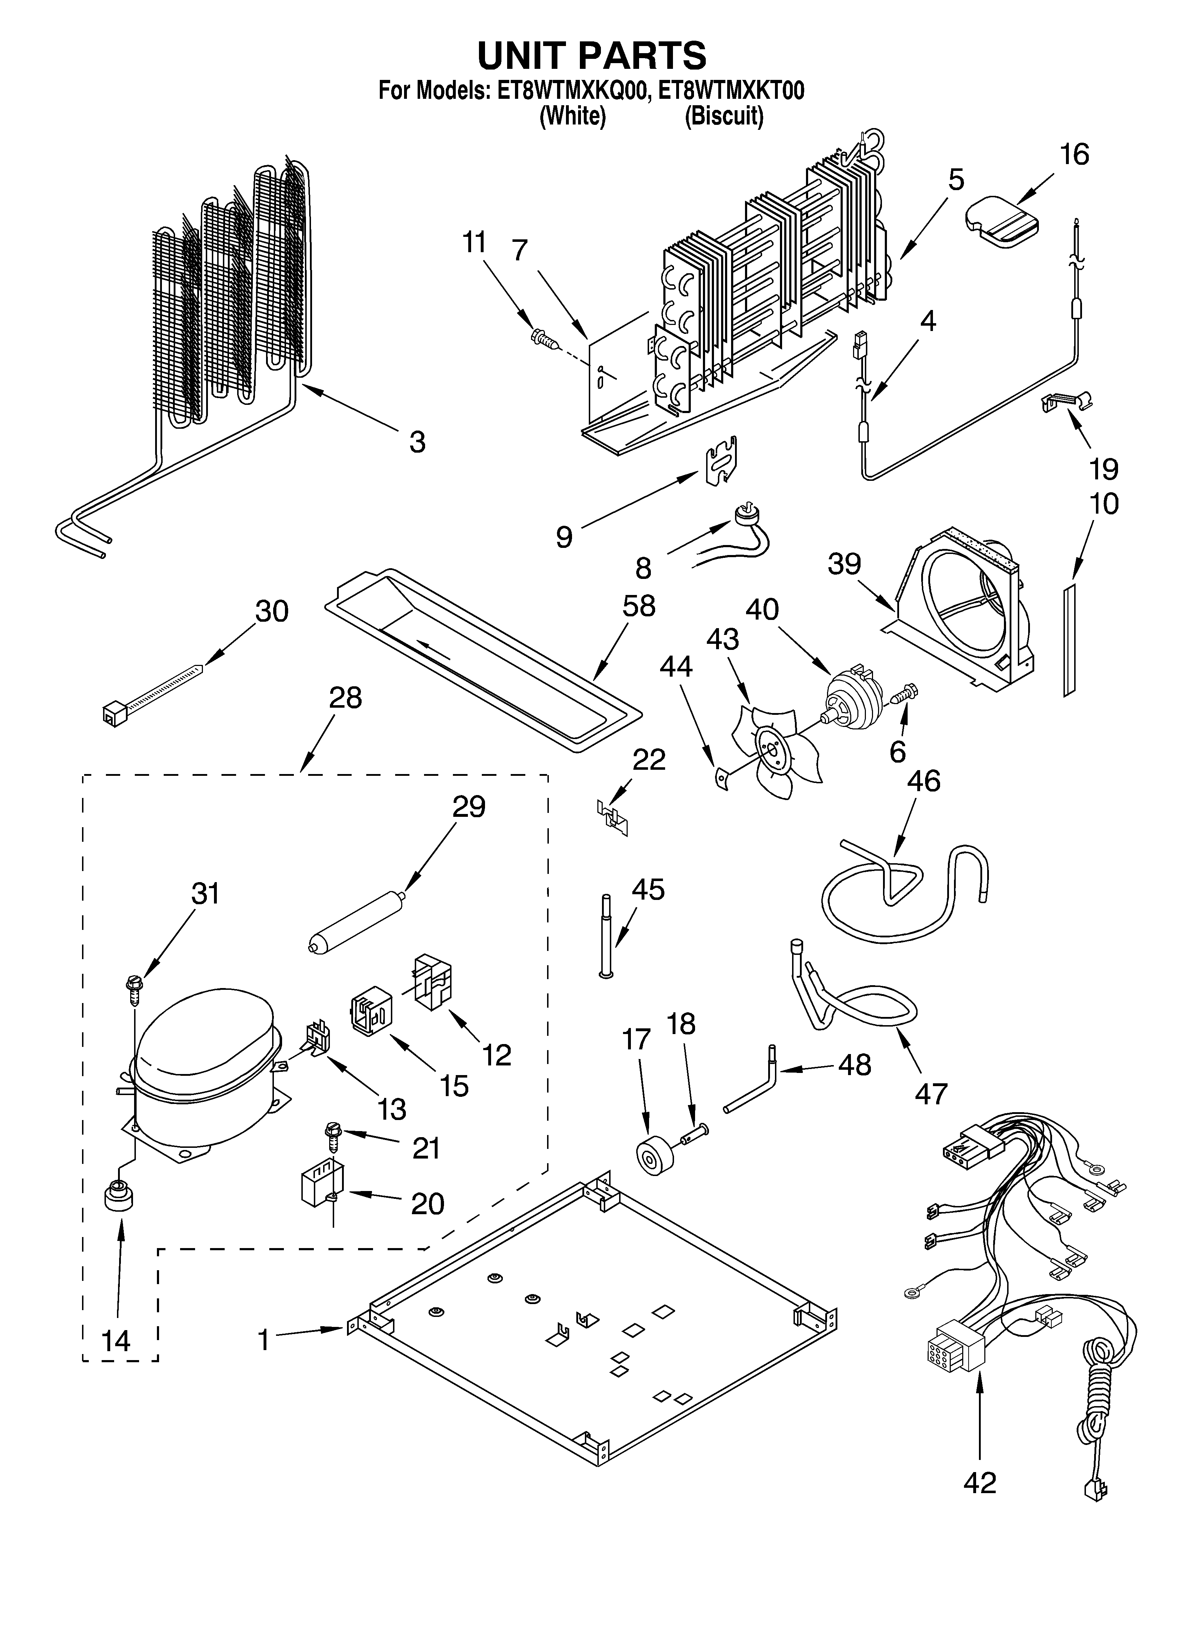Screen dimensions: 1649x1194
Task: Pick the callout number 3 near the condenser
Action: point(417,441)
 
